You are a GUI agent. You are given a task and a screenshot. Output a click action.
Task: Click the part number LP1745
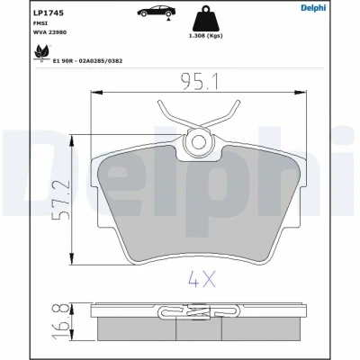[48, 13]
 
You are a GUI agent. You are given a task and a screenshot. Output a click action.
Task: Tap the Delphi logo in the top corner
[313, 8]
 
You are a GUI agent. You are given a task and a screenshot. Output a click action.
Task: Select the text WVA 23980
[49, 32]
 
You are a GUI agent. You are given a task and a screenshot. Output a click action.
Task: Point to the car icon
[157, 12]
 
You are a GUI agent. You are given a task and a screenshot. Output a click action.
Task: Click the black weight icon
[205, 19]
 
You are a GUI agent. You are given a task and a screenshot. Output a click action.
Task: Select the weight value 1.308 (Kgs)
[205, 36]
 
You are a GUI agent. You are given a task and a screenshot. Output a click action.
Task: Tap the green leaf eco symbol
[41, 53]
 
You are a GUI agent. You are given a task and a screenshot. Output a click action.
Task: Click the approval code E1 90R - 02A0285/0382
[87, 61]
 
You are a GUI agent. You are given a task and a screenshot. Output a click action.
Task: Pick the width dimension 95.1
[200, 82]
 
